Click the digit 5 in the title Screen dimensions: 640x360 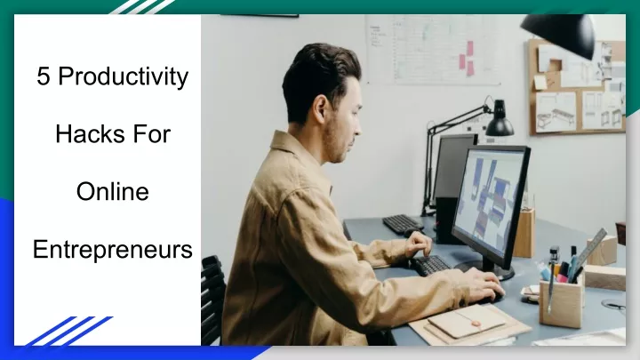(x=43, y=76)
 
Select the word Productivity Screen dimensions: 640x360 (x=124, y=77)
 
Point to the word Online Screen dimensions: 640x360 (x=112, y=191)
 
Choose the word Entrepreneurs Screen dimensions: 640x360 (x=112, y=250)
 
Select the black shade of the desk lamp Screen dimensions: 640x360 (x=499, y=122)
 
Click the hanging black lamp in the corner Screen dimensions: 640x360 (x=559, y=34)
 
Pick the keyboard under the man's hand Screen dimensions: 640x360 (x=433, y=265)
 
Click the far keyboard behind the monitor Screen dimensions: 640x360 (x=402, y=224)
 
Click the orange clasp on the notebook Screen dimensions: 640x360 (x=476, y=323)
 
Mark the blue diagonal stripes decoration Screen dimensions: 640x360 (x=68, y=331)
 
